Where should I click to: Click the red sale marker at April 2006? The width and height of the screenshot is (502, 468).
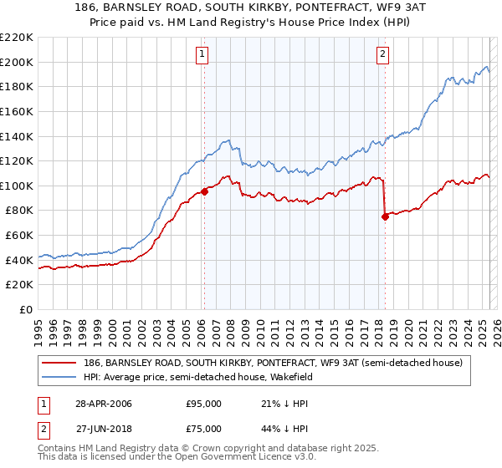point(204,191)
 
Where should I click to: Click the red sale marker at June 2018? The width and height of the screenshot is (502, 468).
point(385,216)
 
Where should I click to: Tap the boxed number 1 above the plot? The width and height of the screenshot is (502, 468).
point(202,55)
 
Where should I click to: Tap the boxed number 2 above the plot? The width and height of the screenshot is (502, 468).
point(382,55)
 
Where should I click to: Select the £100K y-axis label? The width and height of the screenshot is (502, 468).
point(17,186)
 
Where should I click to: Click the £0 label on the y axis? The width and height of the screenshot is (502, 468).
point(25,309)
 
